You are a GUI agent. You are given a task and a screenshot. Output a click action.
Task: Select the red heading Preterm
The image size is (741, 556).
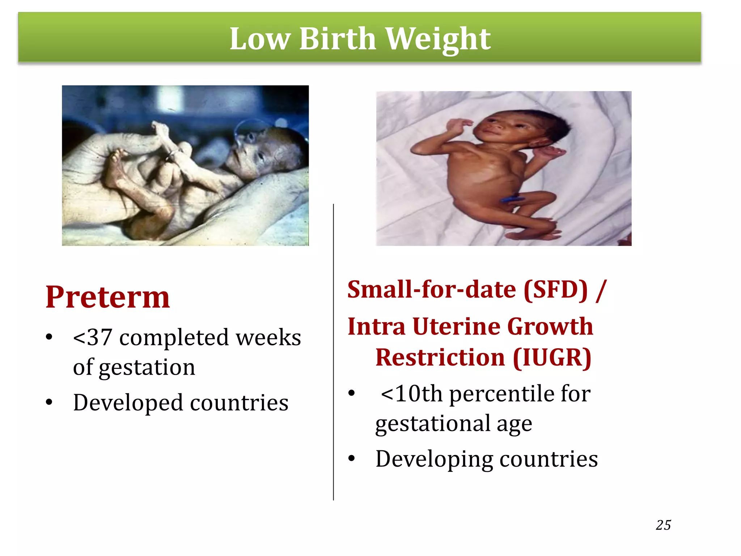click(107, 297)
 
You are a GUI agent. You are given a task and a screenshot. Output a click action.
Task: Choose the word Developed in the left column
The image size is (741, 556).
click(128, 403)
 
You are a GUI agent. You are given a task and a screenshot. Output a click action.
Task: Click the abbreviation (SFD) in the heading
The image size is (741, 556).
click(555, 290)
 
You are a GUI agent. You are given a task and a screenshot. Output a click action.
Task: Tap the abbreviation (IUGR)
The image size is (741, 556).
click(552, 358)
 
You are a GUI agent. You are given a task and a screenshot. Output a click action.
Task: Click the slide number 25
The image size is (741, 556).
click(663, 525)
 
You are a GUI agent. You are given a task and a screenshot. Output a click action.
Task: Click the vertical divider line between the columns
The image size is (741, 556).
click(333, 351)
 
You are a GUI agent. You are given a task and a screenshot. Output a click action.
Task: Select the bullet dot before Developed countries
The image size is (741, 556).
click(49, 402)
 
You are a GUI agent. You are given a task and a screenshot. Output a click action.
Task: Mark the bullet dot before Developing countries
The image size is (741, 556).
click(351, 459)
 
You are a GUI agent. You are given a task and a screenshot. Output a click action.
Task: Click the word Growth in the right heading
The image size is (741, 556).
click(550, 327)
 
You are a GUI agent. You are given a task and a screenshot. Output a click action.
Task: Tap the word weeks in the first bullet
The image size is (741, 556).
click(268, 338)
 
